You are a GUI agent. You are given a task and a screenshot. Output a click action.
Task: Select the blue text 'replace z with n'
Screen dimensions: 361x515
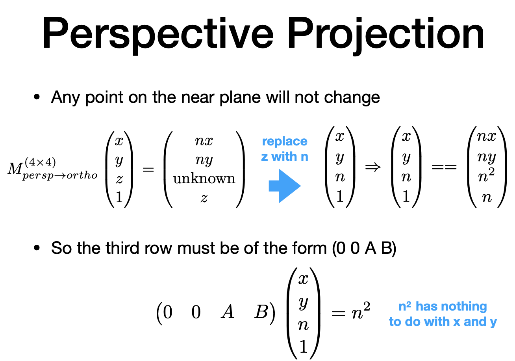(x=284, y=149)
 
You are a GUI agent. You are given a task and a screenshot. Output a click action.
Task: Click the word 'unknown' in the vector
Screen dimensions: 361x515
(x=204, y=179)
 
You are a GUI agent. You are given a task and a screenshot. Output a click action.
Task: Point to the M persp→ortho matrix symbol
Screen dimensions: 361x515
(x=51, y=169)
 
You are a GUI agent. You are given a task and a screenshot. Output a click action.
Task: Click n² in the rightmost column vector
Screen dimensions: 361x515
(x=487, y=177)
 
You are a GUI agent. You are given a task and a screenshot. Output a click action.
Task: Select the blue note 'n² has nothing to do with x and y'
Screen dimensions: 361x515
(x=443, y=314)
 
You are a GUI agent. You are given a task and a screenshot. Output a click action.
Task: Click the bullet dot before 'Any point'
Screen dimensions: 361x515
(x=37, y=97)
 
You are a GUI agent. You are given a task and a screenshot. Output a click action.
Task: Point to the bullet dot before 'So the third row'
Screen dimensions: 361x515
(x=37, y=249)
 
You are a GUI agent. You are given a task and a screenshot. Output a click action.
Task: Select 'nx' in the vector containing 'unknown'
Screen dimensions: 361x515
(x=204, y=141)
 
